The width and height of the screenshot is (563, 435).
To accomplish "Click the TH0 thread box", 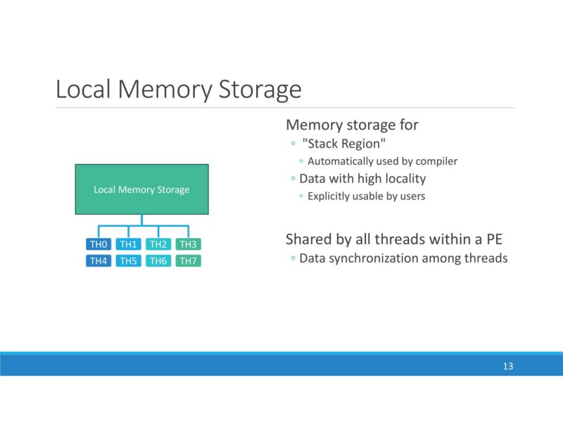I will click(98, 244).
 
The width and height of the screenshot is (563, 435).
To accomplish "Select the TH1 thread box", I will click(127, 244).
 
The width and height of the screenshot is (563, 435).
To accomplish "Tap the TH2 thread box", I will click(158, 244).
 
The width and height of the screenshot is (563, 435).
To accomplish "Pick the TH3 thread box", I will click(187, 244).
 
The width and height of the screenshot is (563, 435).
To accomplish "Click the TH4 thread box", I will click(98, 261).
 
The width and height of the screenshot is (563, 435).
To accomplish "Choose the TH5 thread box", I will click(127, 261).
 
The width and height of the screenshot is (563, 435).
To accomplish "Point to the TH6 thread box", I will click(158, 261).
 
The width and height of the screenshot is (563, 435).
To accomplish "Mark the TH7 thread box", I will click(187, 261).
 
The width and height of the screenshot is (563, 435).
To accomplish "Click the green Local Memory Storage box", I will click(141, 189).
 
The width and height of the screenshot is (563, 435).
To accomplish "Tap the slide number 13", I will click(507, 366).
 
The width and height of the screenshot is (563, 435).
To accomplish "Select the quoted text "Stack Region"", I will click(344, 144).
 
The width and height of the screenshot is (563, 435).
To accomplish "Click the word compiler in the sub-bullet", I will click(436, 161).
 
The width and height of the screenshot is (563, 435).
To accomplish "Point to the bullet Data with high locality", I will click(362, 179).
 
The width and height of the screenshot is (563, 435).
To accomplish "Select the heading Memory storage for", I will click(352, 125).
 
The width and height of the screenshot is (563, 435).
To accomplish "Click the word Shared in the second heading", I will click(308, 240).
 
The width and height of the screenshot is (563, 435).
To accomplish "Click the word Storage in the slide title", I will click(260, 90).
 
